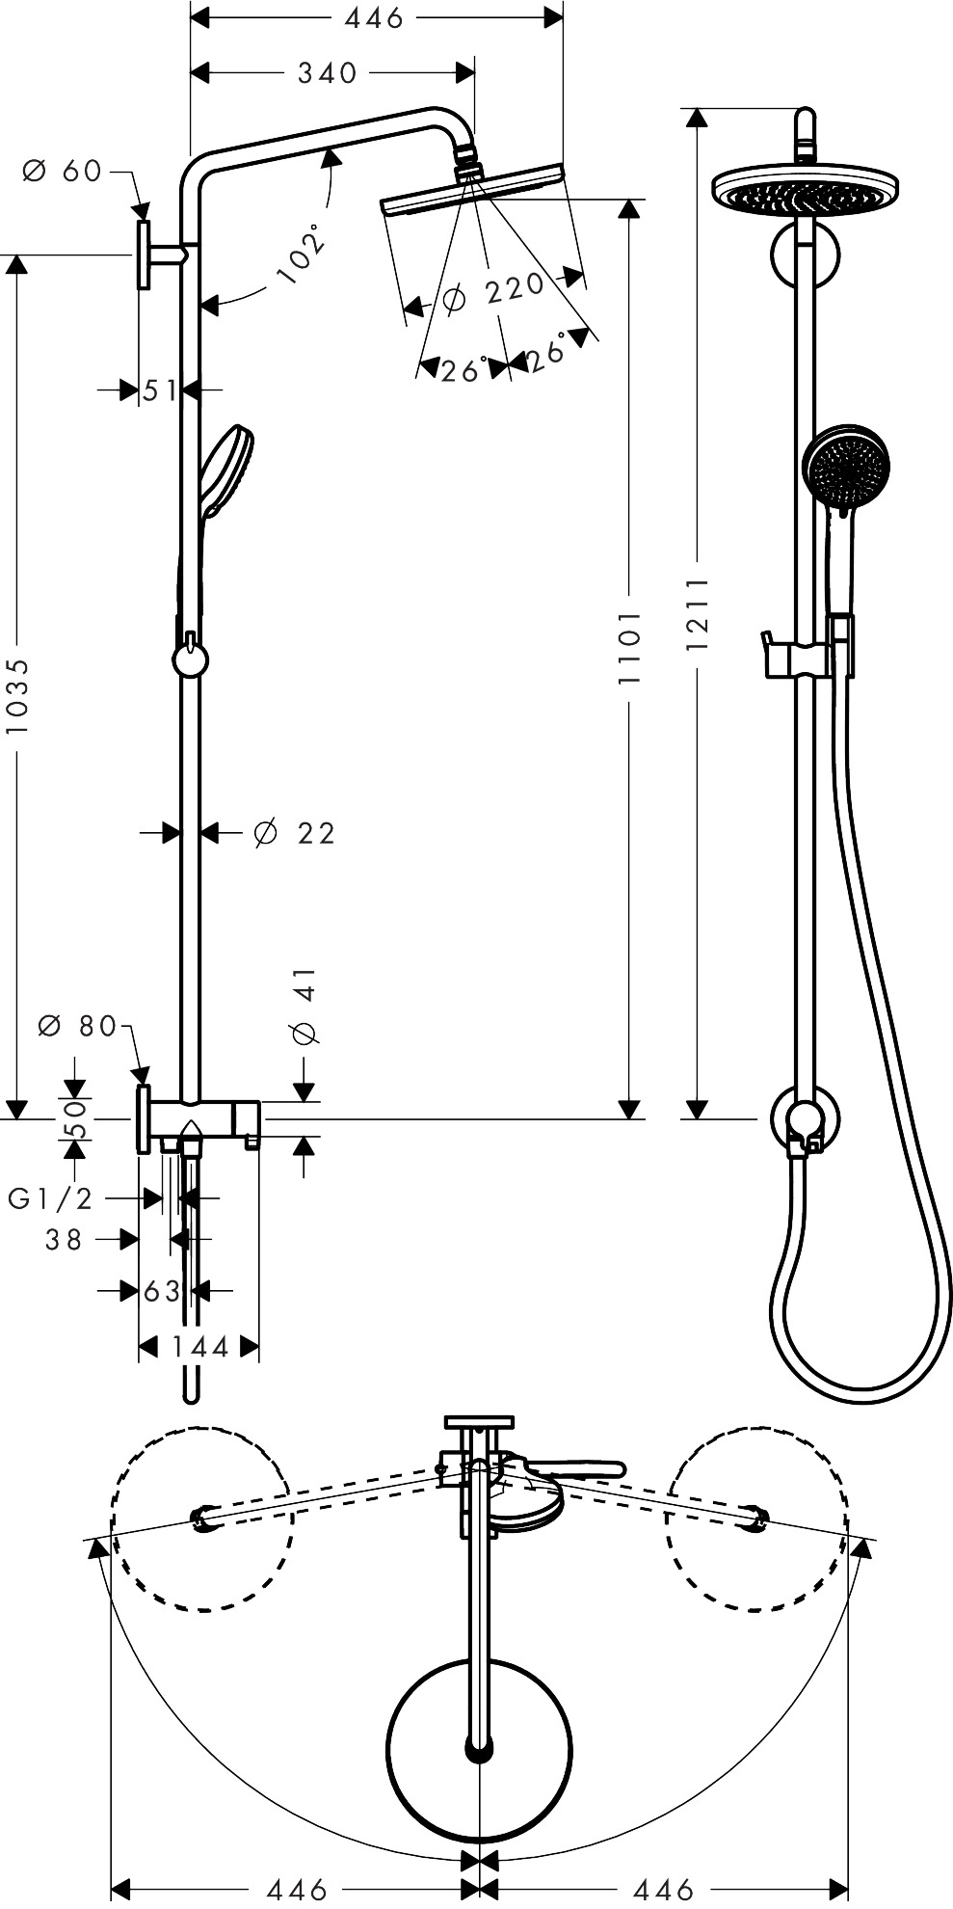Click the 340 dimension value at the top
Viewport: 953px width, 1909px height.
point(327,73)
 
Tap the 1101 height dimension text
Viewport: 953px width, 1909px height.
point(629,647)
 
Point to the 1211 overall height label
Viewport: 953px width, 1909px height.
point(697,614)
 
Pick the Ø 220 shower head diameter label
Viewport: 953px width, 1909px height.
point(492,292)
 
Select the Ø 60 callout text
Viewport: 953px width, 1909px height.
point(63,172)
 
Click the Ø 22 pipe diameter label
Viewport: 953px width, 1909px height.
point(294,833)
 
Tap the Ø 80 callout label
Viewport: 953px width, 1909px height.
point(77,1026)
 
